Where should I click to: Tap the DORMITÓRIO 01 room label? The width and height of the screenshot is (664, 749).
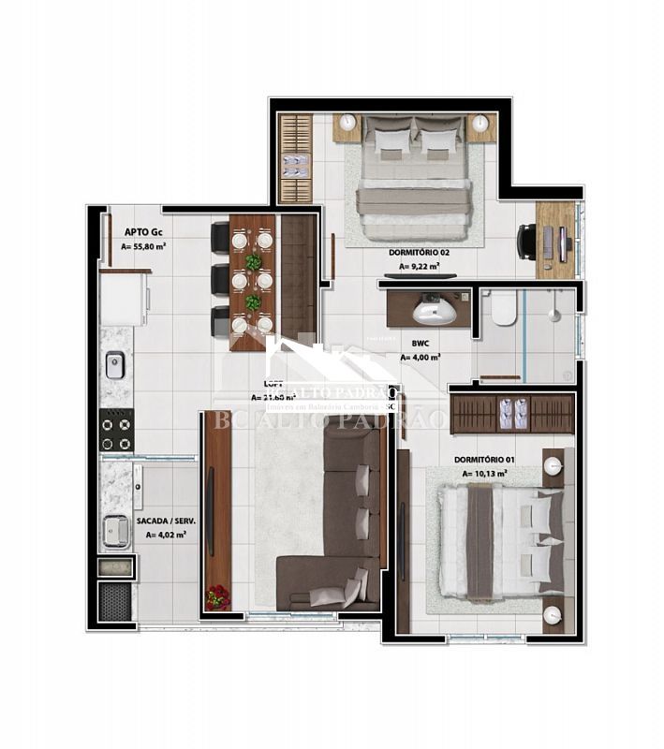[483, 460]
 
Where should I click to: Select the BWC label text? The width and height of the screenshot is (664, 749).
[412, 344]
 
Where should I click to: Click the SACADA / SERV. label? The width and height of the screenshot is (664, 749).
[161, 520]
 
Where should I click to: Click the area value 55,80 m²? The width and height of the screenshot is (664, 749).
[144, 247]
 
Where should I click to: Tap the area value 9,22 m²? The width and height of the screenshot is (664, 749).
[419, 267]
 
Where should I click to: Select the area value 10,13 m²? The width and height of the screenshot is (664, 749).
[484, 474]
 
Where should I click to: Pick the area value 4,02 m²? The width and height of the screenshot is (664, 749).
[166, 536]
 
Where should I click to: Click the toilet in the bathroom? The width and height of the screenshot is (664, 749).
[505, 308]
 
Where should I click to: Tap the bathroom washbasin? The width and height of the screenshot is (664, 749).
[433, 308]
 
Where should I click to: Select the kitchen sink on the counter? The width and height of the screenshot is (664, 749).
[115, 364]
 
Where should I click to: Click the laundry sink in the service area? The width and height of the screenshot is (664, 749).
[116, 530]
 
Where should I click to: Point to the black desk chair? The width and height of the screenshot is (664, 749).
[527, 242]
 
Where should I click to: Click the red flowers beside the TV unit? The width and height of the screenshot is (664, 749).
[217, 596]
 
